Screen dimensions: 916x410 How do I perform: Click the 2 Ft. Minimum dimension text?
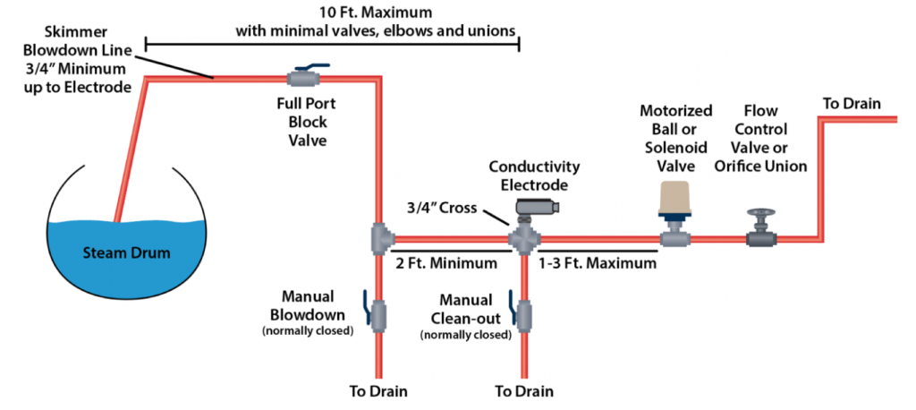tap(446, 263)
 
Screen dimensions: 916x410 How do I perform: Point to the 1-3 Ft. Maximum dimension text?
tap(598, 263)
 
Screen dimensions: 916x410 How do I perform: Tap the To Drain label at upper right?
tap(852, 104)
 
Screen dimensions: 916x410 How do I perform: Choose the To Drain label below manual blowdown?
tap(377, 390)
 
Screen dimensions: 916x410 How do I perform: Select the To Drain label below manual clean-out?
tap(524, 390)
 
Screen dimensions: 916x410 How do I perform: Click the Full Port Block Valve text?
tap(306, 123)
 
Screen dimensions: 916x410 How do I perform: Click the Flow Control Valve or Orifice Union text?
tap(761, 138)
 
